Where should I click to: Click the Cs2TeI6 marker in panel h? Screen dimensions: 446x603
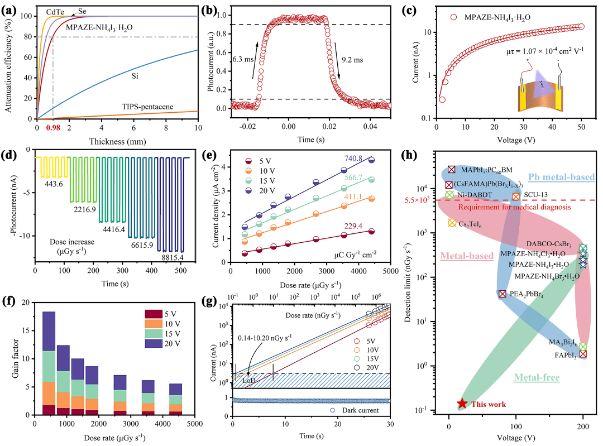452,223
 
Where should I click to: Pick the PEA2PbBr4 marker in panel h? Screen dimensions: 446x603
502,294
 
